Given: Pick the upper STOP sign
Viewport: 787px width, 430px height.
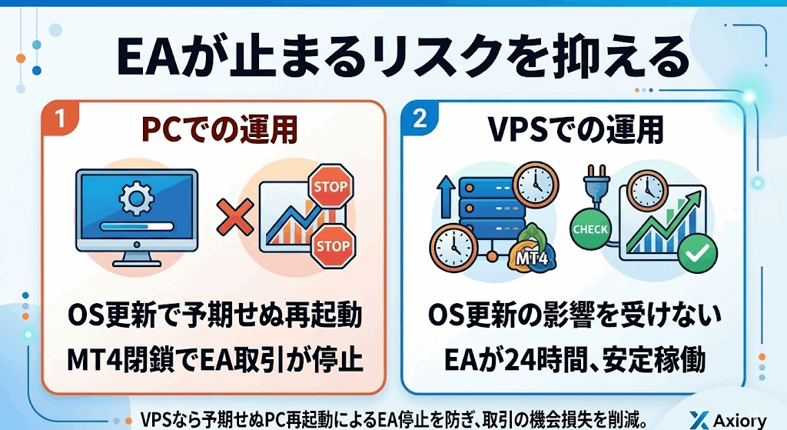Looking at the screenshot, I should pyautogui.click(x=331, y=186).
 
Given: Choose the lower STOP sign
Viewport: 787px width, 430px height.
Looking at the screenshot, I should pyautogui.click(x=331, y=245).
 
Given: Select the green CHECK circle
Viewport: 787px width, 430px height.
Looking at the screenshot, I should pyautogui.click(x=590, y=229).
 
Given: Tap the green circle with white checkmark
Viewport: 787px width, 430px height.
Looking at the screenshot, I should pyautogui.click(x=699, y=250).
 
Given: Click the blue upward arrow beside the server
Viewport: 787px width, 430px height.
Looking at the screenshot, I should pyautogui.click(x=443, y=196).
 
